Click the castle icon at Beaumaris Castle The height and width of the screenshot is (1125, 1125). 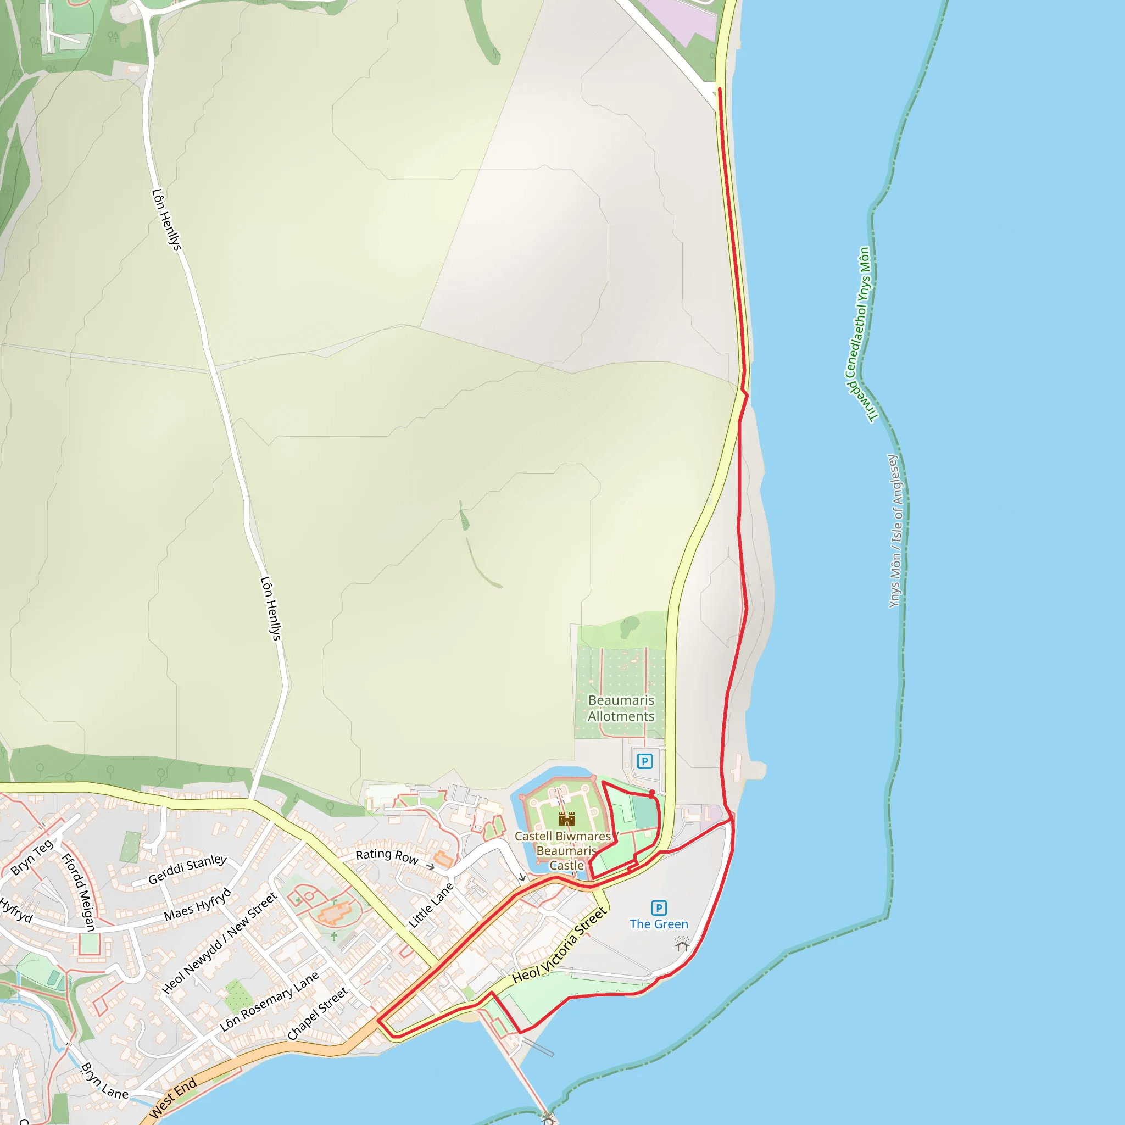pos(566,819)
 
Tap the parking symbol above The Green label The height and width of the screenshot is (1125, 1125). pos(659,908)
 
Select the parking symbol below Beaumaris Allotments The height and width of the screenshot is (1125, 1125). pos(644,761)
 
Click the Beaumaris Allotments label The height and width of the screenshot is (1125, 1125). pos(621,708)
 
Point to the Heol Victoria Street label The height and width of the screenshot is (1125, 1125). pos(559,944)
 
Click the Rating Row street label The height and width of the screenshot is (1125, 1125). pos(387,856)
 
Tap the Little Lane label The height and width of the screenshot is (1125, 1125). pos(430,905)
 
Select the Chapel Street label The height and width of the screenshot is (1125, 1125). pos(318,1013)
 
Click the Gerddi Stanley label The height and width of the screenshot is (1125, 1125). pos(187,869)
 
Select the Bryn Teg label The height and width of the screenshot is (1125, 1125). pos(32,857)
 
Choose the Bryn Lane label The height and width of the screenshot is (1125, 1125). pos(104,1081)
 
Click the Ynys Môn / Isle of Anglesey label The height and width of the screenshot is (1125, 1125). pos(896,531)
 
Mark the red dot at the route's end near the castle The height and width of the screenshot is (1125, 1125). pos(652,793)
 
